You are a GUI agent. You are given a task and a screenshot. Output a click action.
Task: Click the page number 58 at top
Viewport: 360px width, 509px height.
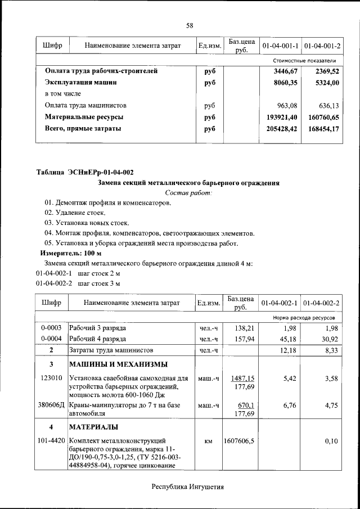[190, 26]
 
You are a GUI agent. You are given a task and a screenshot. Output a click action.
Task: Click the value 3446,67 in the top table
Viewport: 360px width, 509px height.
[285, 71]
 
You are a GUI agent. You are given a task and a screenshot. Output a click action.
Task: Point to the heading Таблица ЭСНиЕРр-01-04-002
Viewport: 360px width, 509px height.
[85, 172]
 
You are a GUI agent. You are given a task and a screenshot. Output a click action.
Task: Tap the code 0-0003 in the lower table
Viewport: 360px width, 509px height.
[51, 327]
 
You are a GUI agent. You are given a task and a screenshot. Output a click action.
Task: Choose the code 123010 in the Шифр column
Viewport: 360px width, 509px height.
[51, 378]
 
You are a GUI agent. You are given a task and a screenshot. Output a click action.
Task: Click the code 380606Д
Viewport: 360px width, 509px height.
[51, 405]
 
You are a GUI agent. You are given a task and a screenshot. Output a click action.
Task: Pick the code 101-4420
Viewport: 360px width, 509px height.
[51, 441]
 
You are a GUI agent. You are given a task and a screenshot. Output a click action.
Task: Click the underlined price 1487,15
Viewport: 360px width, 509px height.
[242, 378]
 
